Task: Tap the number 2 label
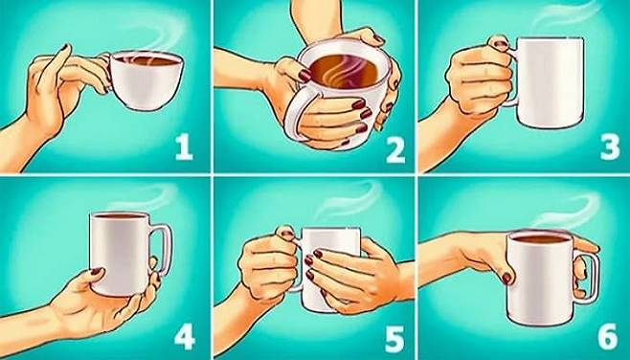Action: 395,151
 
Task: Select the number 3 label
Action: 610,148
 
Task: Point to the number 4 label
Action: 185,337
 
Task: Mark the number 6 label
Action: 608,336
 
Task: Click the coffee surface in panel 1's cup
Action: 146,61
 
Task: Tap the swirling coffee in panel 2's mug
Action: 345,71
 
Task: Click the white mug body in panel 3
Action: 550,82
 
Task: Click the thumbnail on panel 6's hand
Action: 506,278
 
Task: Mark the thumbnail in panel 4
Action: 97,271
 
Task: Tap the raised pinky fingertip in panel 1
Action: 65,47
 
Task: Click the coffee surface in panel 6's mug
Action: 541,238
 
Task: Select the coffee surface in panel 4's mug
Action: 120,215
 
